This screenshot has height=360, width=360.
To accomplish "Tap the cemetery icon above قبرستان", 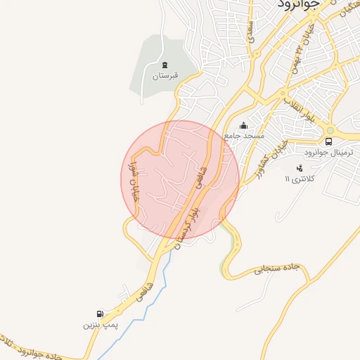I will pos(165,64).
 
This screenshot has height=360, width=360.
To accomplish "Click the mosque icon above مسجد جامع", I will pos(244,125).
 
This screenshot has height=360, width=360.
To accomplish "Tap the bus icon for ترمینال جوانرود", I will pos(329,141).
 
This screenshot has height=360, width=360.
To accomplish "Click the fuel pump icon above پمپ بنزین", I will pos(100,314).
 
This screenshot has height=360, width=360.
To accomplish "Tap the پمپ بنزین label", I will pos(98,325).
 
